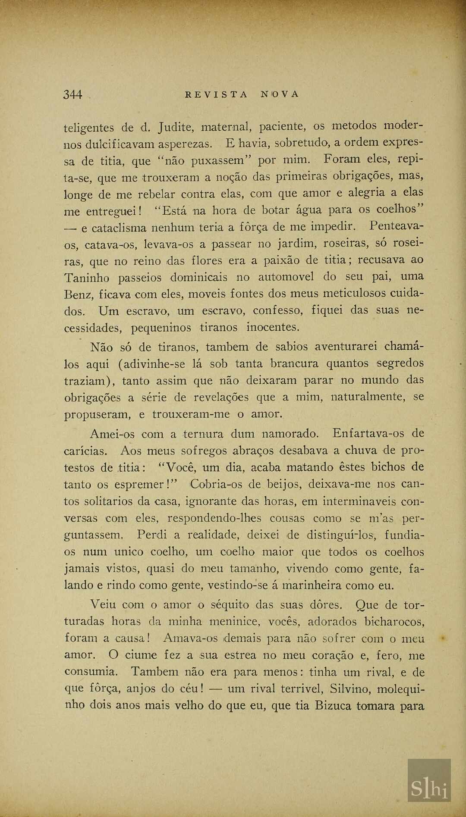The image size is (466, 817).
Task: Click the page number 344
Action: point(72,94)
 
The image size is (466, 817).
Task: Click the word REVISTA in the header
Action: point(216,94)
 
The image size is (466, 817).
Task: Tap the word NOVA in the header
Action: point(280,94)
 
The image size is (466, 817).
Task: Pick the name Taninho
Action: point(87,278)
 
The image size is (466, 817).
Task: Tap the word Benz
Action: point(78,295)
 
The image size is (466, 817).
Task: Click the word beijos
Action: point(282,484)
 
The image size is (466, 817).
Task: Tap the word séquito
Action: point(230,605)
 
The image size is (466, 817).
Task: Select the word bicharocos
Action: point(394,622)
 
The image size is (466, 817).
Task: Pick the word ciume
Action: point(140,655)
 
